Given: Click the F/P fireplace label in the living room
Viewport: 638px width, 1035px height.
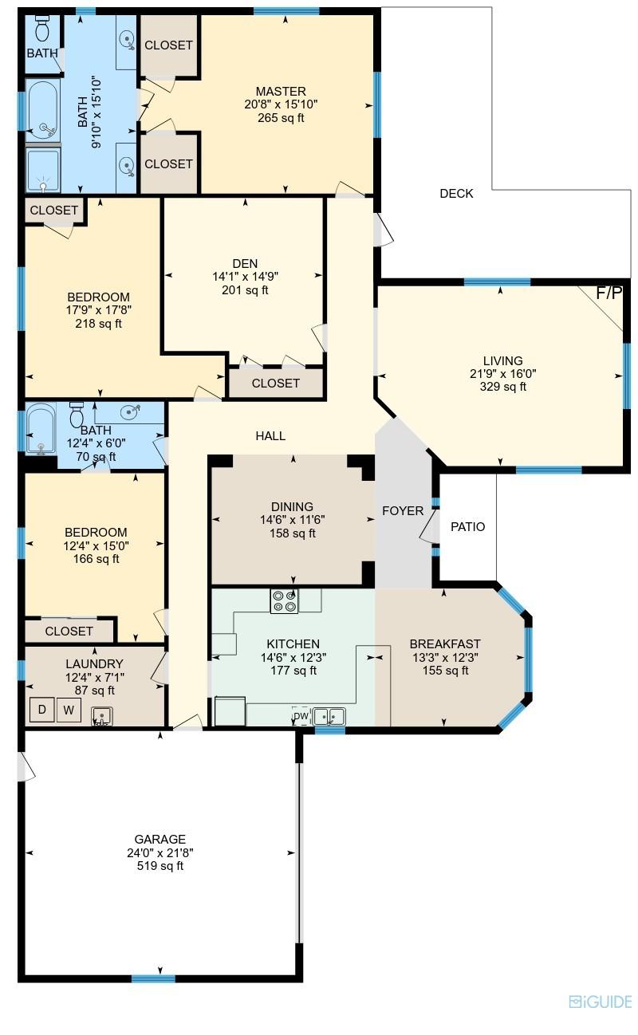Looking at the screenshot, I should click(609, 293).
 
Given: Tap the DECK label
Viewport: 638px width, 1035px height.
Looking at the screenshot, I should click(456, 194).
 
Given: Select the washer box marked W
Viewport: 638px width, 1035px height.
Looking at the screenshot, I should click(69, 710).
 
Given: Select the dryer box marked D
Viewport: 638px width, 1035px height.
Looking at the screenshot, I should click(41, 710).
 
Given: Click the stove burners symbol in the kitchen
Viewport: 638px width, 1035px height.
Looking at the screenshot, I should click(284, 600).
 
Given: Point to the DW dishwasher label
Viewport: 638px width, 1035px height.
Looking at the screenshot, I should click(301, 716).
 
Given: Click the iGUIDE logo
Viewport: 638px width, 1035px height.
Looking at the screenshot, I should click(601, 1002).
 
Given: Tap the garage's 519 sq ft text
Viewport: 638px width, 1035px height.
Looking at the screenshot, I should click(160, 866).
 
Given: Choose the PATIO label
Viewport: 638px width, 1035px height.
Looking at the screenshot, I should click(467, 527).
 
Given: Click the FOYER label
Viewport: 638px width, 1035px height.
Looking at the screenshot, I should click(403, 511).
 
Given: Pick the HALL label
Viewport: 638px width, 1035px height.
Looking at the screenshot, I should click(270, 436).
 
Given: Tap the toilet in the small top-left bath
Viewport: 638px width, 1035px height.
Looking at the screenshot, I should click(44, 30).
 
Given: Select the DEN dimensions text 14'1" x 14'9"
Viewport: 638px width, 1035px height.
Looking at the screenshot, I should click(245, 277).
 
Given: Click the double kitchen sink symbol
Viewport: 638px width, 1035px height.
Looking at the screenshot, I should click(329, 716).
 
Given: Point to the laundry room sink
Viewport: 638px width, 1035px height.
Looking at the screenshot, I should click(101, 715).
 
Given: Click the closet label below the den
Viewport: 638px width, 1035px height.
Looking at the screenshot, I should click(276, 384).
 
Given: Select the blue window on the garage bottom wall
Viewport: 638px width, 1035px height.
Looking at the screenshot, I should click(153, 978).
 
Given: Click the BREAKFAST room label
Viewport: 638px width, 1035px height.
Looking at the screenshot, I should click(445, 644).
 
